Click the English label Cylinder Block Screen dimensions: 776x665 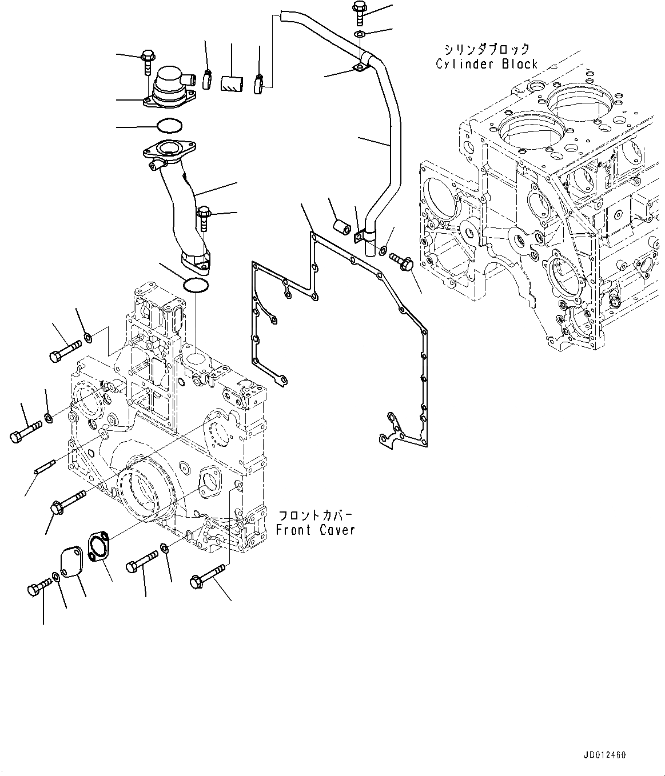[x=487, y=64]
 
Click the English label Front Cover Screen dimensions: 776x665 [x=315, y=530]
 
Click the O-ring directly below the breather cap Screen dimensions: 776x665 [x=169, y=125]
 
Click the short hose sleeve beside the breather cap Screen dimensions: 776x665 [x=232, y=84]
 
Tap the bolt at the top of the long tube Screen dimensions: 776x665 [x=360, y=12]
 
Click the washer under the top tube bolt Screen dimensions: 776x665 [x=360, y=35]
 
